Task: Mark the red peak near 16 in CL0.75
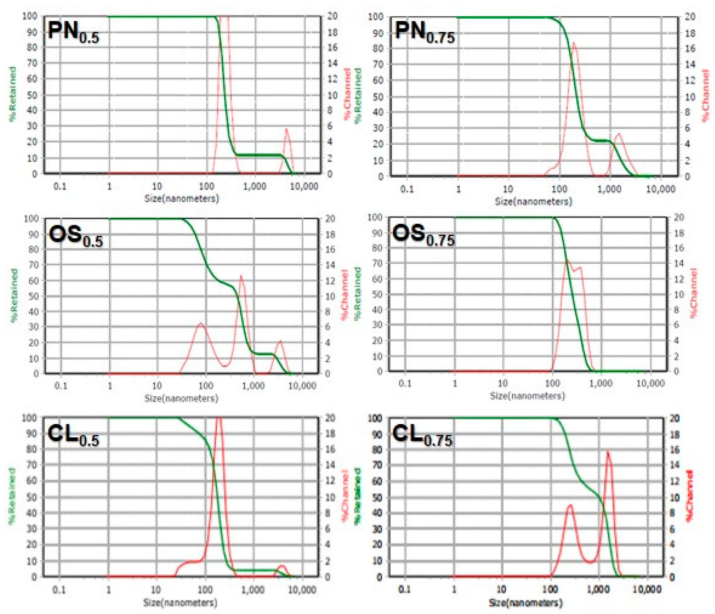tap(608, 452)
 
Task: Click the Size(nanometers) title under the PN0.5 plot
tap(181, 198)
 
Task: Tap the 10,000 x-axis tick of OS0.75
tap(650, 383)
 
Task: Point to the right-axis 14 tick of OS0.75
tap(679, 263)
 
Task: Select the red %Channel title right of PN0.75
tap(706, 96)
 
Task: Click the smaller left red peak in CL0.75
tap(569, 506)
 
